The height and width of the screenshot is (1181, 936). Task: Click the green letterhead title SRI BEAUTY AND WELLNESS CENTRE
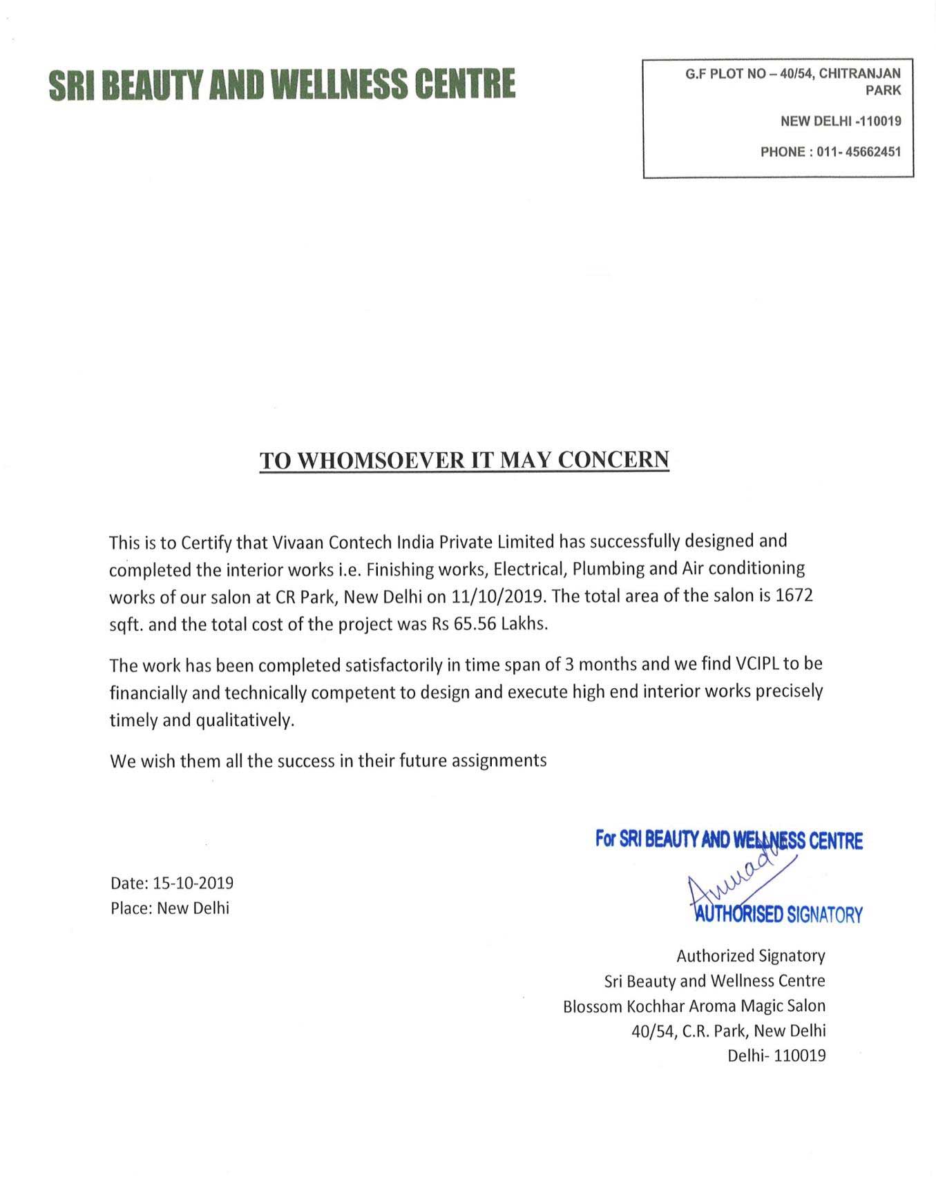coord(282,84)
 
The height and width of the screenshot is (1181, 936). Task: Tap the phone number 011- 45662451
coord(859,152)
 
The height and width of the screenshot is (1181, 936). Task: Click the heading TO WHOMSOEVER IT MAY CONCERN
coord(464,460)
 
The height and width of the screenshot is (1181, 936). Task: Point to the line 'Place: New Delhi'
coord(170,908)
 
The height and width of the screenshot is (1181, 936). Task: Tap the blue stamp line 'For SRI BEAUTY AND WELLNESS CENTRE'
coord(729,841)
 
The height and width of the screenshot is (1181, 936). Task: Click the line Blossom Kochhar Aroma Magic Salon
coord(694,1006)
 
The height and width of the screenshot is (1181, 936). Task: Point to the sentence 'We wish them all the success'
coord(328,761)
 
